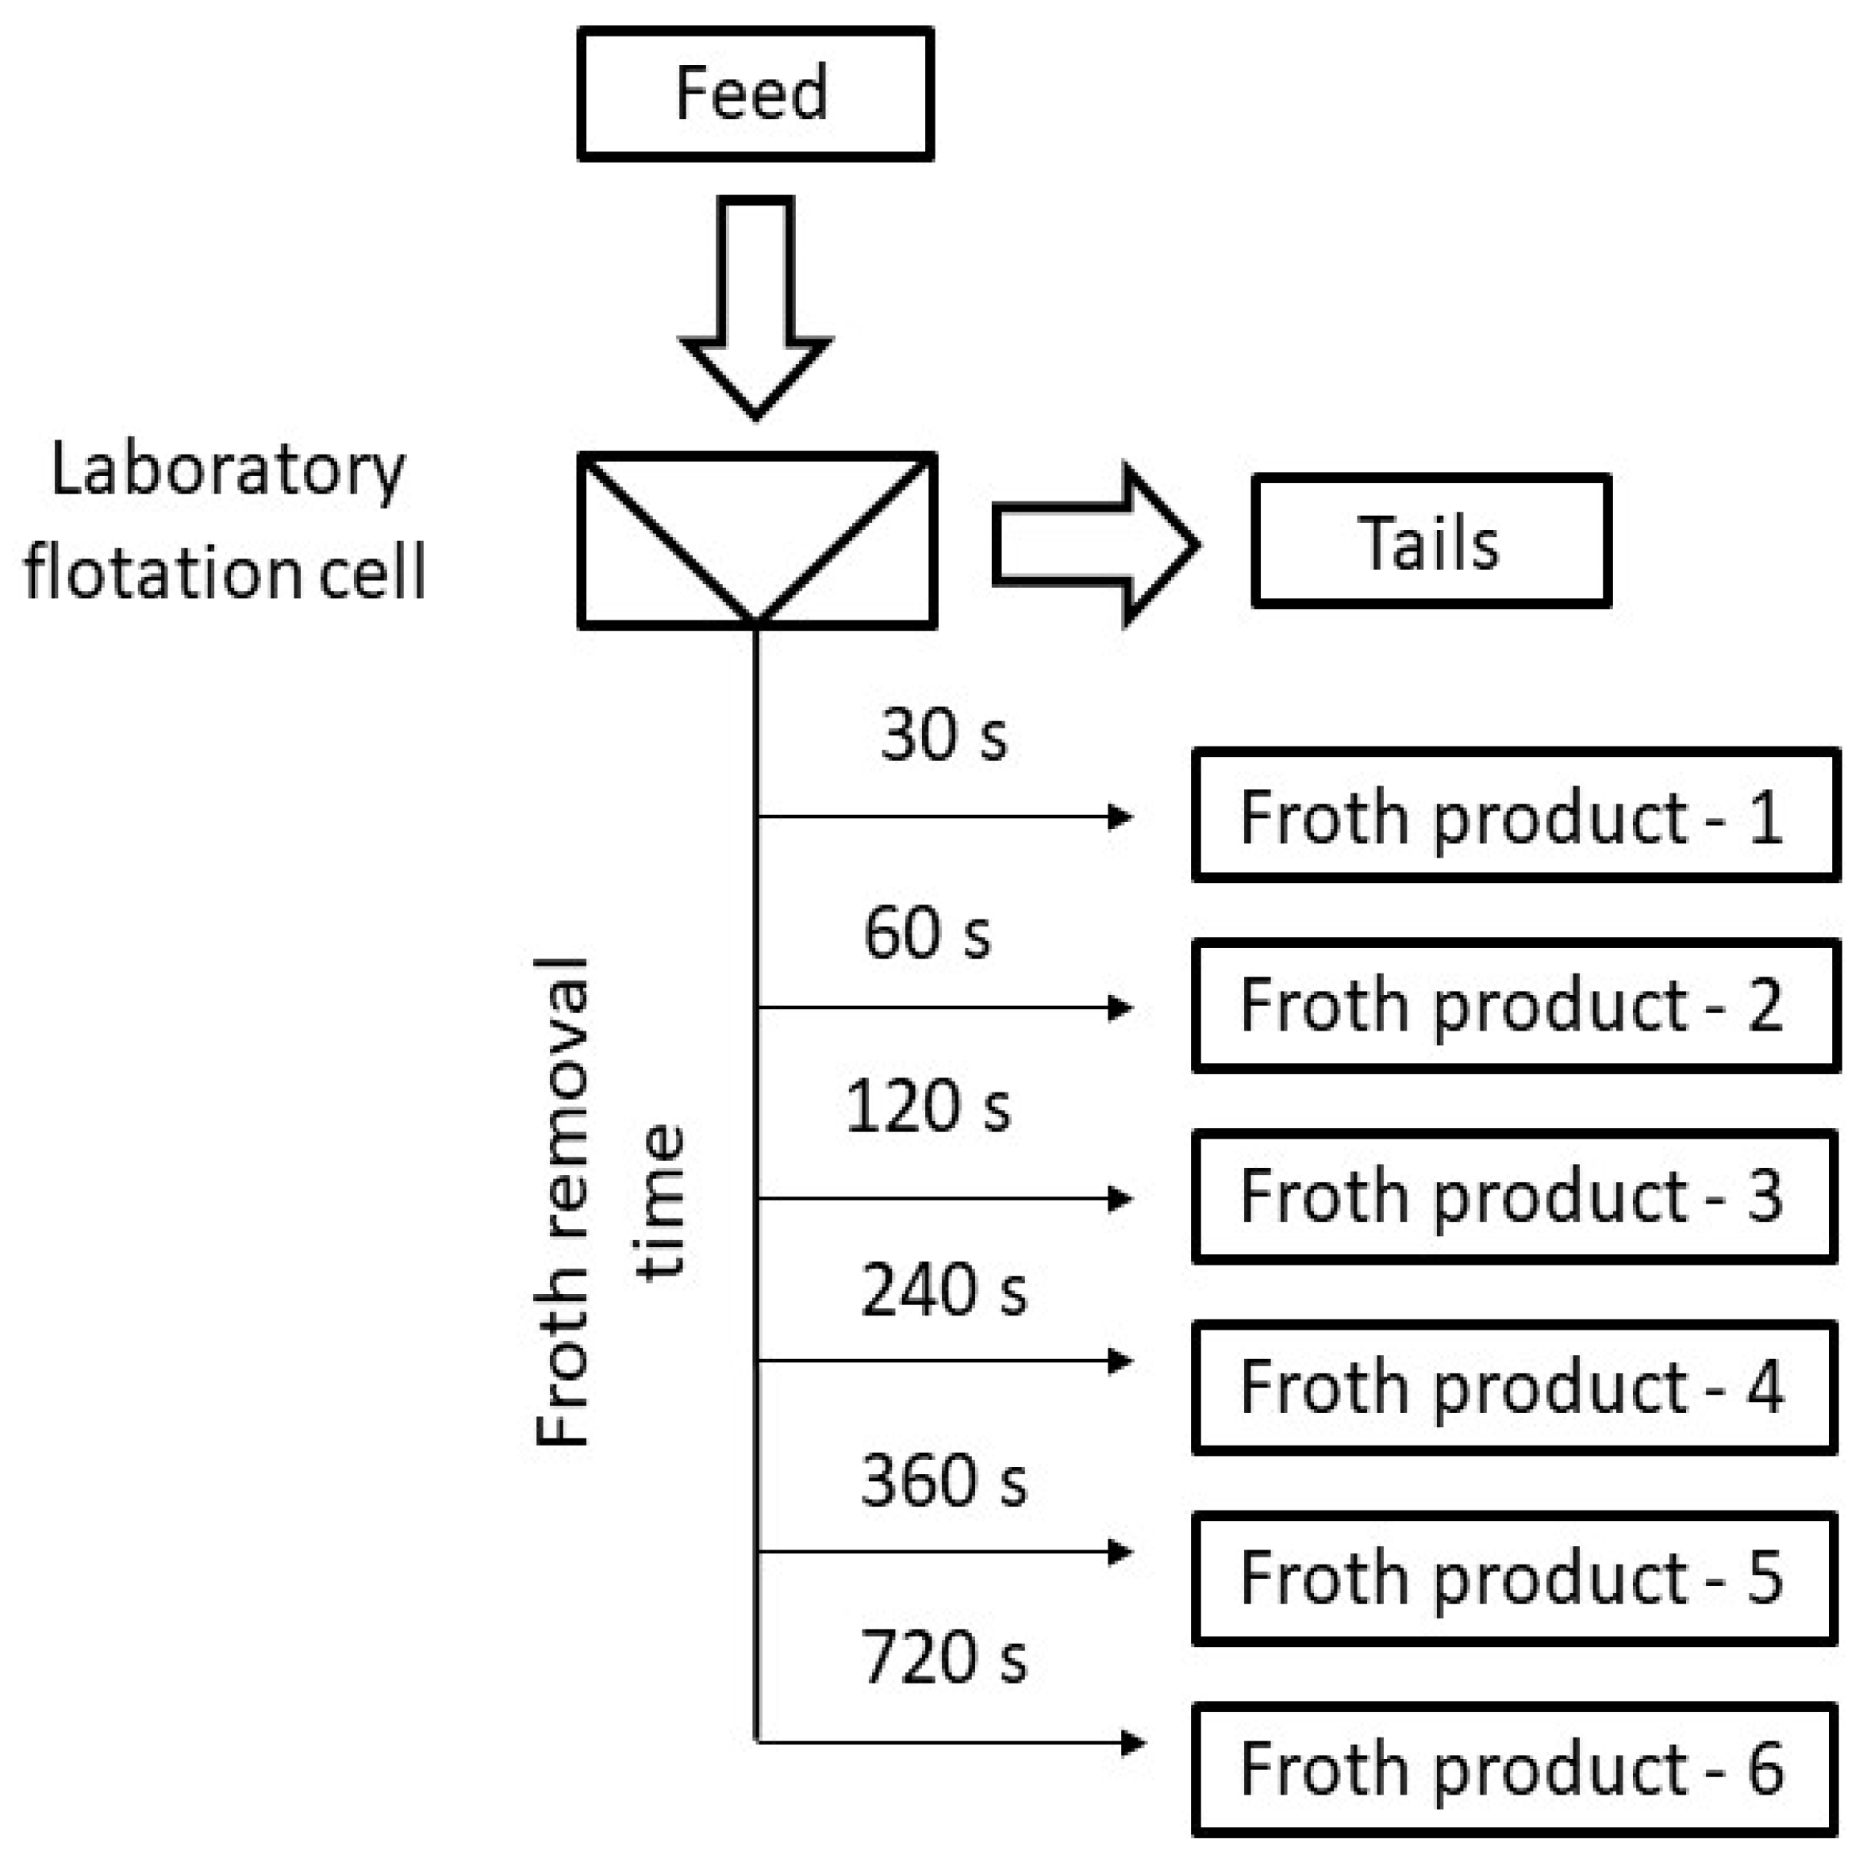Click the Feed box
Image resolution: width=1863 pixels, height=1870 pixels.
(755, 94)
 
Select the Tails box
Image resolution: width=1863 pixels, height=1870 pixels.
(1431, 542)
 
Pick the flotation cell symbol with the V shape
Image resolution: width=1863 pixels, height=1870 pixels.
(757, 540)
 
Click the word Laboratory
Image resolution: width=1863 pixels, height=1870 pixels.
(228, 471)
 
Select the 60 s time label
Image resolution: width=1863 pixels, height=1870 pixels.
(928, 933)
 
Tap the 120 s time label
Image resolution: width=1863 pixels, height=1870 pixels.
(928, 1106)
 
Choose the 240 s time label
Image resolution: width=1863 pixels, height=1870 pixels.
(943, 1290)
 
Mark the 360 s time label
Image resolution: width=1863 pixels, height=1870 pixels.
(943, 1481)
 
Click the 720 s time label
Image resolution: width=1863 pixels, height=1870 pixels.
(943, 1658)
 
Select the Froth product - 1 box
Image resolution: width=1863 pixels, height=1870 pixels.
(1515, 815)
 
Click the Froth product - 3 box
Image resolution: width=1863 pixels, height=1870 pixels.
(1515, 1196)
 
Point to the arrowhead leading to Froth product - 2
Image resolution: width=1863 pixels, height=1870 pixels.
(1120, 1008)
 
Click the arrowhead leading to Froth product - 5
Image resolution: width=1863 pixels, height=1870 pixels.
(1120, 1553)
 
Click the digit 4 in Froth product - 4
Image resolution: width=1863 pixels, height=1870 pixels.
(1763, 1387)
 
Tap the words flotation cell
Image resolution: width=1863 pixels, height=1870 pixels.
(225, 573)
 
